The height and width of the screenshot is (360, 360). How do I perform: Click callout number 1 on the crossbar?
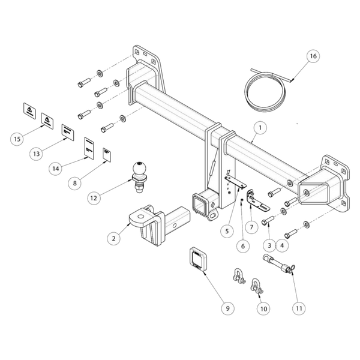259,127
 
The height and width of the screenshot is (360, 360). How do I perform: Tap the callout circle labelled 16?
311,56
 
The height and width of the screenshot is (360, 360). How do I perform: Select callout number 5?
227,230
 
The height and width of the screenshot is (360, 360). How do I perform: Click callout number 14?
56,169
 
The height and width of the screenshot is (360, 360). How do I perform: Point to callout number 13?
37,154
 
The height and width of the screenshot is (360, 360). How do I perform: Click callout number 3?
269,244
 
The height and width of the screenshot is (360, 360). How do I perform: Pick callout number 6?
242,244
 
